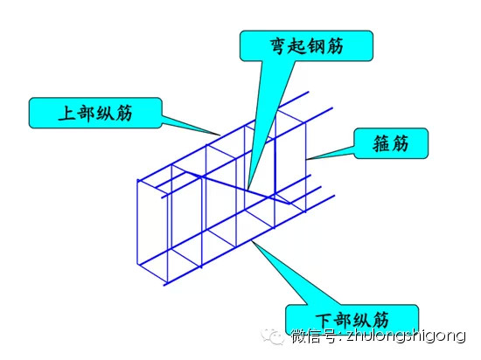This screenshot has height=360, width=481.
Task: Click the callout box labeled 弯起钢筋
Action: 306,45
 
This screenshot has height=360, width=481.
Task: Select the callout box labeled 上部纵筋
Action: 95,113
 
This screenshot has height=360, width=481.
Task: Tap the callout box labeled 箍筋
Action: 391,143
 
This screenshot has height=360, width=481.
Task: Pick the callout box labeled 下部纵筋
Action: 352,319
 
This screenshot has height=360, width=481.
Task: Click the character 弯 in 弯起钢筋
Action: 278,46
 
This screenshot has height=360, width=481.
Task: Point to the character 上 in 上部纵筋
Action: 66,113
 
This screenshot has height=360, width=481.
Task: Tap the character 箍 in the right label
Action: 381,143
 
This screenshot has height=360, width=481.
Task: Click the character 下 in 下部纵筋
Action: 324,320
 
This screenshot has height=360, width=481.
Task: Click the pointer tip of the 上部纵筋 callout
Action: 220,135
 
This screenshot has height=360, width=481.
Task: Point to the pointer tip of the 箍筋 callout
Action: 306,159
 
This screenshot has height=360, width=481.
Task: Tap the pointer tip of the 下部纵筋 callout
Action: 252,241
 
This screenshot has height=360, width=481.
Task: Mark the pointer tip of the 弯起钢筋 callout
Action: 247,189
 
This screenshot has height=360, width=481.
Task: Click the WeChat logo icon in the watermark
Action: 272,336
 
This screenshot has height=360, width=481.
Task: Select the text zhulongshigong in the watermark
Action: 406,336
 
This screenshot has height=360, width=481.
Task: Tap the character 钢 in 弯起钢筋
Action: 316,46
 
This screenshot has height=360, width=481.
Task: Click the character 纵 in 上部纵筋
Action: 105,113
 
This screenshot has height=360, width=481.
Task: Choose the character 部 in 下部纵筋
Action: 343,320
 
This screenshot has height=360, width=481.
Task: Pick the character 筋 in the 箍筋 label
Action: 400,143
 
